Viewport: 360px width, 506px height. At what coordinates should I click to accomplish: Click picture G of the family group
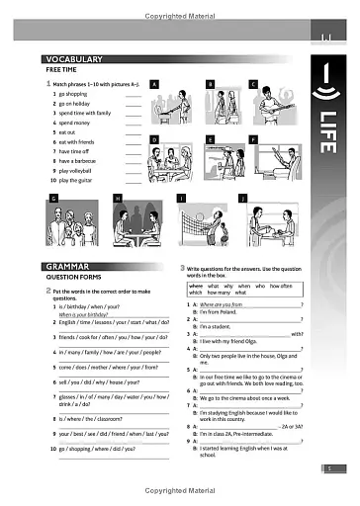click(x=77, y=225)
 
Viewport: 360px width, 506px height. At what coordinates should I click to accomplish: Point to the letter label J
click(x=243, y=199)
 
